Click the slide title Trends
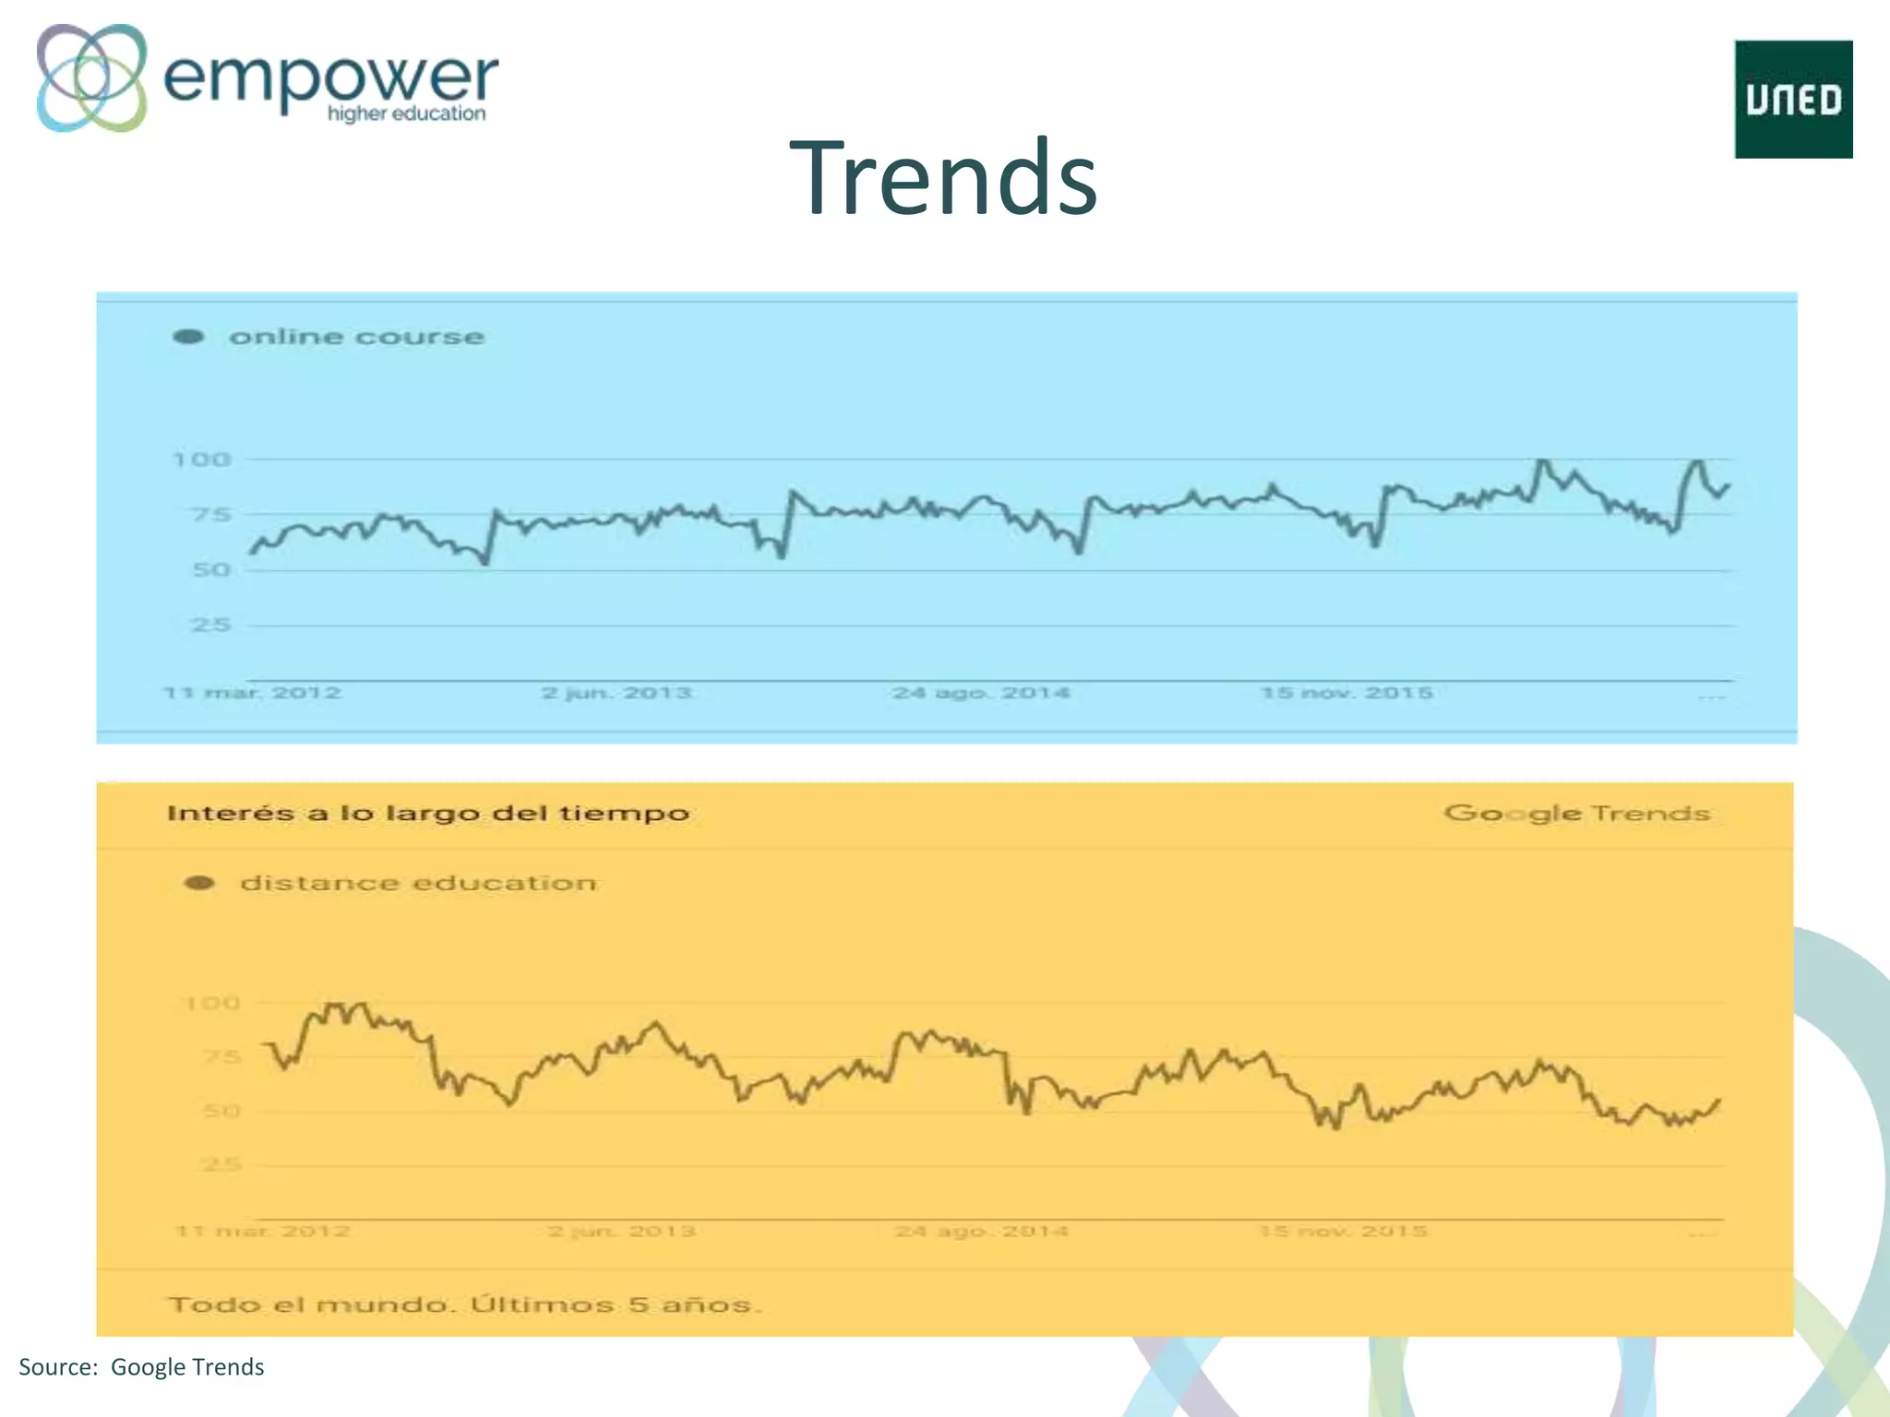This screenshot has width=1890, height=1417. click(x=943, y=177)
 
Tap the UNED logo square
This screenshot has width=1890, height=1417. click(x=1793, y=100)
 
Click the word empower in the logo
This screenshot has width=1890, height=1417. click(x=330, y=77)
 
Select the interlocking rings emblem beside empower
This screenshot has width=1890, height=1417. click(x=91, y=77)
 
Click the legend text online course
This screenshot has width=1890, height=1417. click(x=356, y=337)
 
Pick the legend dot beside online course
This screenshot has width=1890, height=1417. click(x=188, y=337)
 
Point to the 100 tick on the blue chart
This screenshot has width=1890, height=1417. click(x=202, y=459)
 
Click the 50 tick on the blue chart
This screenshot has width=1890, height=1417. click(x=210, y=570)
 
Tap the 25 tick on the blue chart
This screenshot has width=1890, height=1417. click(x=210, y=625)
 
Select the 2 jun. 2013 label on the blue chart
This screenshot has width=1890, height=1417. click(x=616, y=693)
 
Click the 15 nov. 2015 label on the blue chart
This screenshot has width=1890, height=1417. click(x=1346, y=693)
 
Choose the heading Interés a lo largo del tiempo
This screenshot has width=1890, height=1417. click(x=428, y=813)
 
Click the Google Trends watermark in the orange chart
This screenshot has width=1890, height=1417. click(x=1577, y=813)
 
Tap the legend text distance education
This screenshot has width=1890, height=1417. click(x=418, y=883)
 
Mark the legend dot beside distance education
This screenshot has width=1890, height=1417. click(x=199, y=883)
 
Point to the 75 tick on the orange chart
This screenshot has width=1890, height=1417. click(x=221, y=1057)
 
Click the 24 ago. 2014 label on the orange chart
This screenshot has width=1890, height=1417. click(x=981, y=1231)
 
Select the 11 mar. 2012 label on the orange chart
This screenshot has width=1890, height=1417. click(x=263, y=1231)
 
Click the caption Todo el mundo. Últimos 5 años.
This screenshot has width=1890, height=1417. click(x=465, y=1304)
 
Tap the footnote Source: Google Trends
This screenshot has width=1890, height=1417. click(x=141, y=1367)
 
